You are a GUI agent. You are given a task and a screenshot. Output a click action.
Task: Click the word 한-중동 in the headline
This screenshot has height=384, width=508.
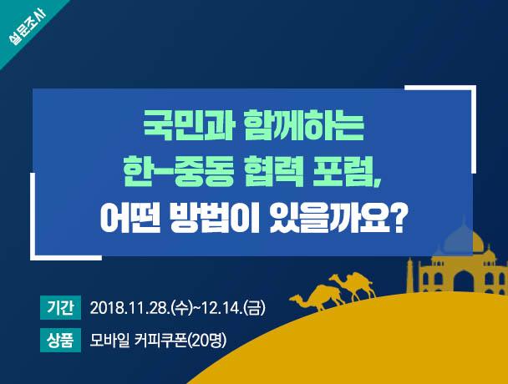pos(171,172)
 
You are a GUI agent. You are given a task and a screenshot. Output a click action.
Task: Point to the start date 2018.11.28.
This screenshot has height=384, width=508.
pos(128,308)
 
